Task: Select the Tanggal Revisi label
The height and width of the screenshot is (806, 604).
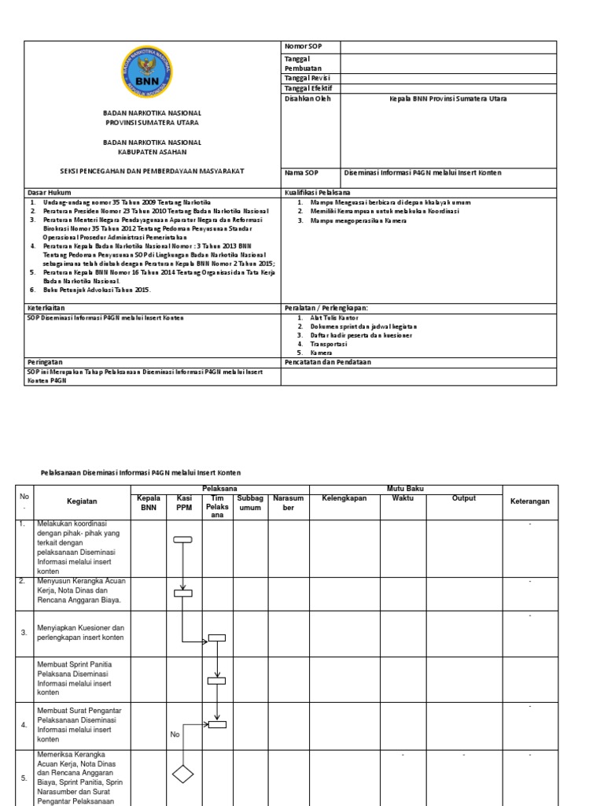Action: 307,78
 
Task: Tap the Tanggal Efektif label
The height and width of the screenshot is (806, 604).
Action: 308,88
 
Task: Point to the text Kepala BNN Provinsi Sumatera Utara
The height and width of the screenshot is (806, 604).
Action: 448,99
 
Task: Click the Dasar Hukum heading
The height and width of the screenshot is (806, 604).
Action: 46,192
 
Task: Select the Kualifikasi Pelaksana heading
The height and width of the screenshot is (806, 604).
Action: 317,192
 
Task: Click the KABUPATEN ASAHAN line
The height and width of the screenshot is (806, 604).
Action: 153,152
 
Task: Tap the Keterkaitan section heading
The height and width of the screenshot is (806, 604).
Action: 45,307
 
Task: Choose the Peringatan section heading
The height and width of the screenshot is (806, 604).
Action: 44,361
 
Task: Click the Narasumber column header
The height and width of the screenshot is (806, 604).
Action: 287,503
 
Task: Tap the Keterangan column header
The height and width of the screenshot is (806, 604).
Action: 529,501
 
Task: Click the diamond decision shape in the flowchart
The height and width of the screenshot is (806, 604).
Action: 182,775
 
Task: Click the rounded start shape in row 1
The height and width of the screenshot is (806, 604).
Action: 182,539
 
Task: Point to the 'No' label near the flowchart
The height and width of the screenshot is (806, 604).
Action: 175,734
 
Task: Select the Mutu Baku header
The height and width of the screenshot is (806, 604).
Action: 404,489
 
